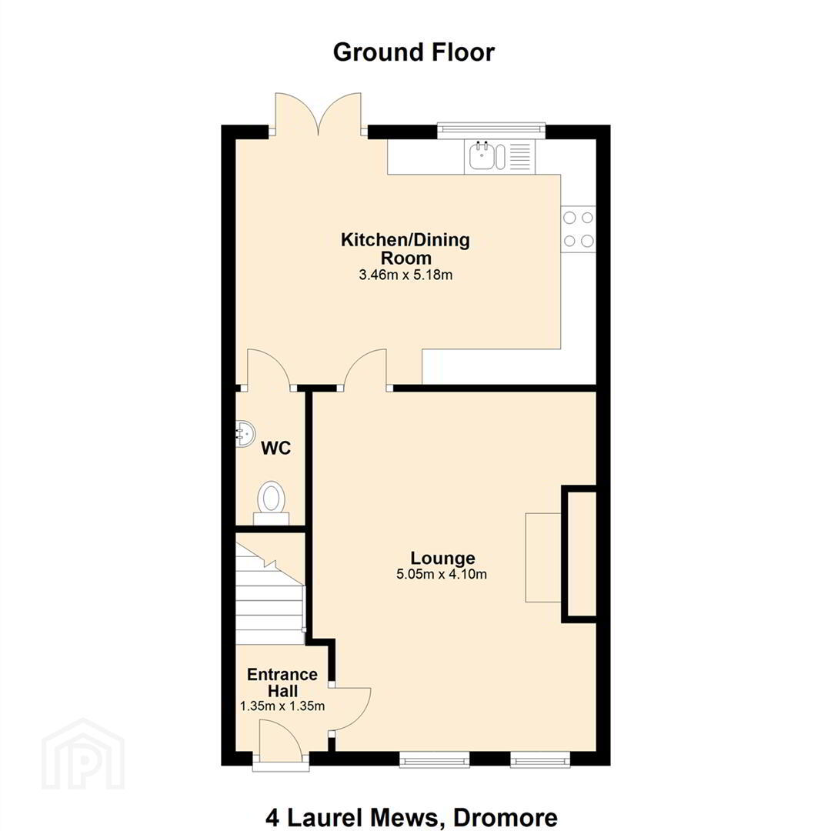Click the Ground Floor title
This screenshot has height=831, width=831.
click(x=413, y=52)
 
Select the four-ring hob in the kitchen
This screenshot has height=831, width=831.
click(x=578, y=229)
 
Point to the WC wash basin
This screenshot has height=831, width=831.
click(x=245, y=435)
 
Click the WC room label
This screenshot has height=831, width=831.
click(x=276, y=449)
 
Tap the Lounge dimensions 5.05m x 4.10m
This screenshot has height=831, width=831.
click(x=442, y=574)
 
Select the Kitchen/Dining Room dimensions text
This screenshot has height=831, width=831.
click(x=405, y=275)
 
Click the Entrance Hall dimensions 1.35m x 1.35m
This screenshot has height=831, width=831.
click(x=282, y=706)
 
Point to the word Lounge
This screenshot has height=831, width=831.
click(x=443, y=558)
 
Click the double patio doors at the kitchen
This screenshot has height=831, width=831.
click(x=318, y=114)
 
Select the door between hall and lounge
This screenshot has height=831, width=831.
click(x=350, y=710)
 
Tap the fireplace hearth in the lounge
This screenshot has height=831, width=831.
click(x=543, y=558)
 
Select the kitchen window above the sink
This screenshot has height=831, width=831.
click(x=491, y=128)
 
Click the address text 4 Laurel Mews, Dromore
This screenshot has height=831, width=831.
click(x=411, y=817)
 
